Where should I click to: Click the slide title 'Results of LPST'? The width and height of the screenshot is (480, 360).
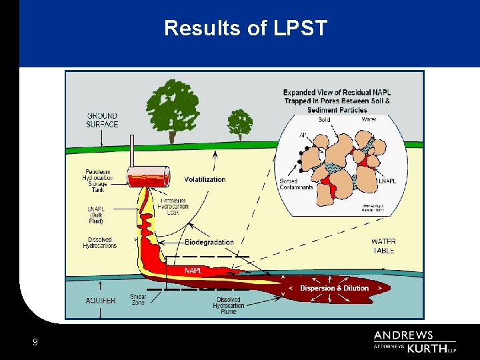[246, 29]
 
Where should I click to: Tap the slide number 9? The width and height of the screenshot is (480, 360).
[35, 343]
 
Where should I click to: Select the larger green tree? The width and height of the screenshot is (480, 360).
[172, 107]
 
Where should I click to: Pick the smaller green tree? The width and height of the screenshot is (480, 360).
[240, 123]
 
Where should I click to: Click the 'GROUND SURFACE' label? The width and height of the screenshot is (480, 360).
[102, 120]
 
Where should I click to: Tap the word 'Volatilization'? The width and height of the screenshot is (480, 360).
[205, 179]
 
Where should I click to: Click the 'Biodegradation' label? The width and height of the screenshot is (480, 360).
[209, 242]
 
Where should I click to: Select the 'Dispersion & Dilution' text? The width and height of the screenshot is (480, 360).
[334, 288]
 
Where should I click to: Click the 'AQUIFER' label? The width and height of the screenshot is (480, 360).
[101, 301]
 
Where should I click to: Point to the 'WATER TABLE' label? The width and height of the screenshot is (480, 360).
[383, 246]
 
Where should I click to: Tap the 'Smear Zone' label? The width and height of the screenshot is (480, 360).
[138, 299]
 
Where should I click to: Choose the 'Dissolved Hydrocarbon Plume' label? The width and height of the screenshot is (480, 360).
[229, 305]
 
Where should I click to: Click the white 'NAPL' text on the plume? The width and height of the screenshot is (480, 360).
[193, 271]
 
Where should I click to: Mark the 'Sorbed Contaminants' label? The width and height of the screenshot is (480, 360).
[297, 183]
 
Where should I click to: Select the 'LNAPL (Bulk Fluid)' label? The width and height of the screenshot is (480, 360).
[97, 215]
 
